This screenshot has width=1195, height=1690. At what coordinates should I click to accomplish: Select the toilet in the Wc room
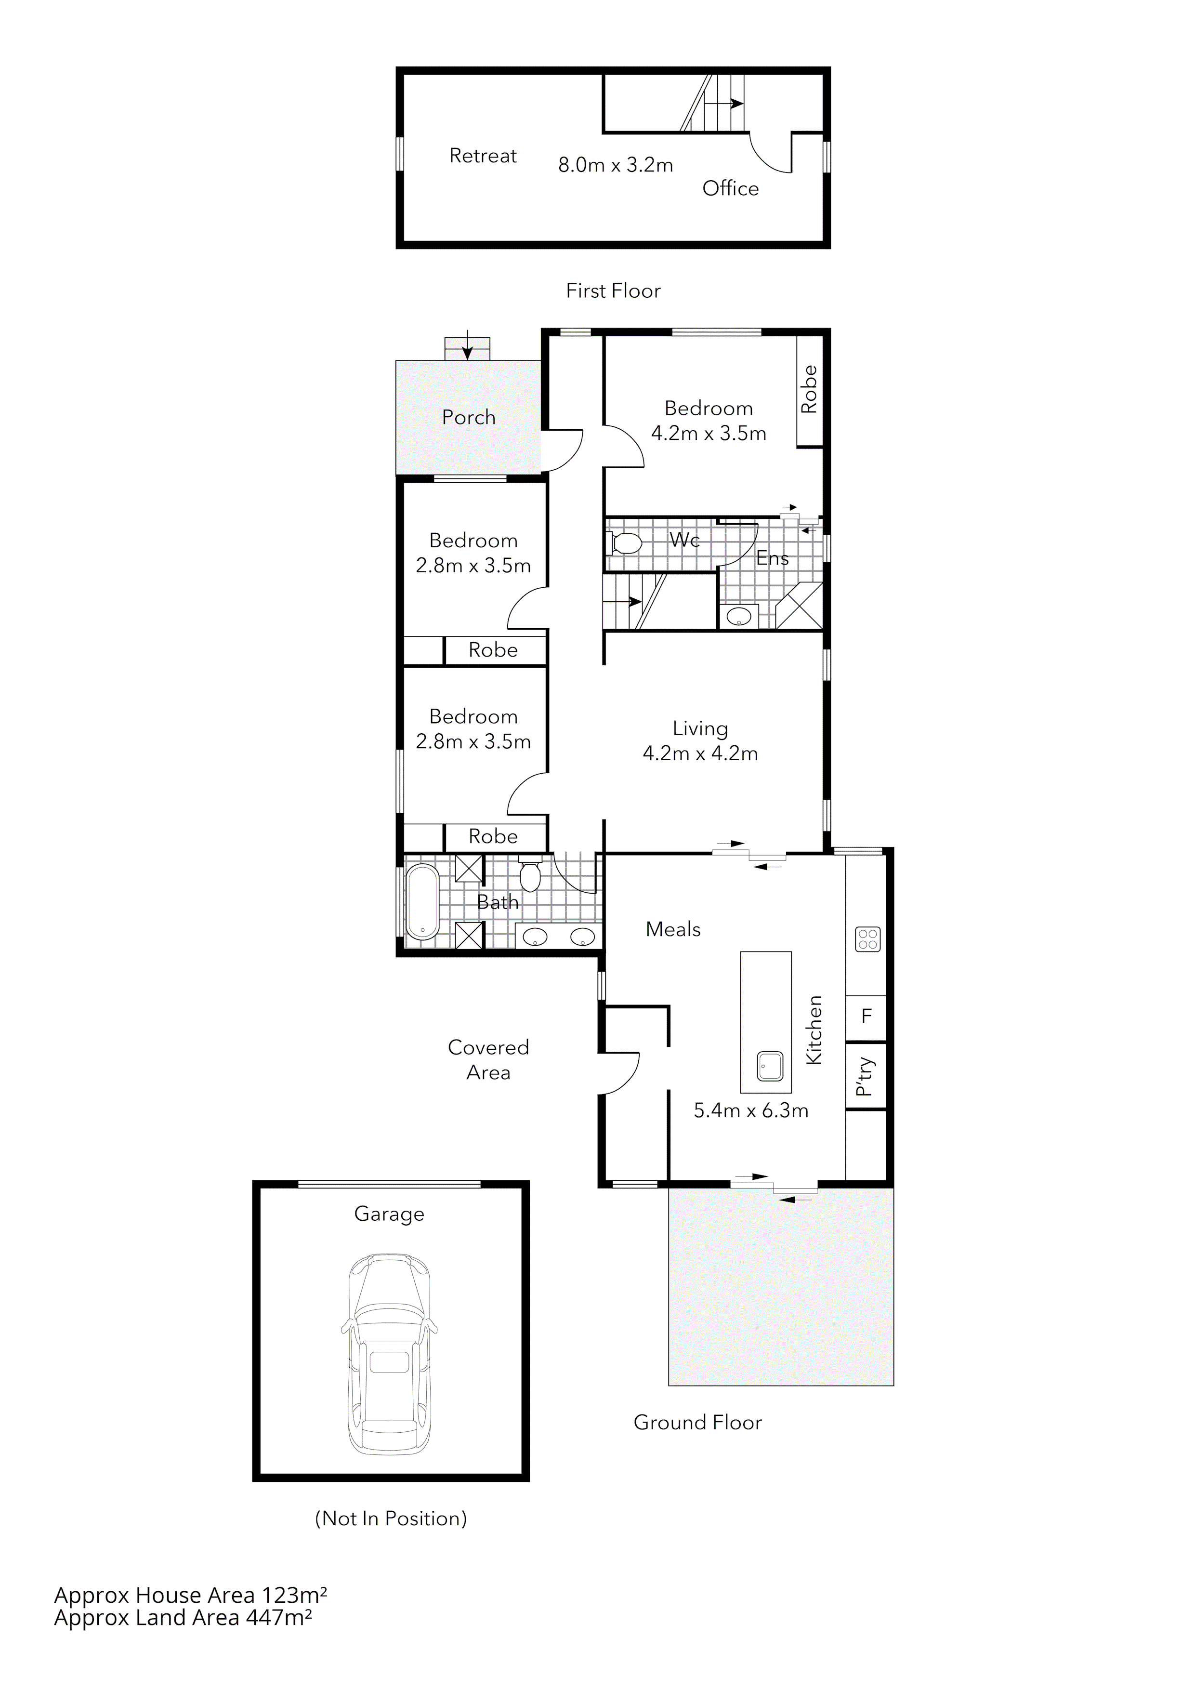(x=626, y=544)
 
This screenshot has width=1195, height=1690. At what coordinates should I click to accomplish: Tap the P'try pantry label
(x=866, y=1077)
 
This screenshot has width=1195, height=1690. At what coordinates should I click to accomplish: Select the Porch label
(x=469, y=417)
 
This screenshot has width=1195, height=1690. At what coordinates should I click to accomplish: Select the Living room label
(x=700, y=728)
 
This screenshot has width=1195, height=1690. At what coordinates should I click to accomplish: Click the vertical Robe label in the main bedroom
(x=809, y=389)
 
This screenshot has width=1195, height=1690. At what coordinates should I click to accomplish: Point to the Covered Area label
(x=488, y=1060)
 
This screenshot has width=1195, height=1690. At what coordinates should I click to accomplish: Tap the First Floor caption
(x=613, y=291)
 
